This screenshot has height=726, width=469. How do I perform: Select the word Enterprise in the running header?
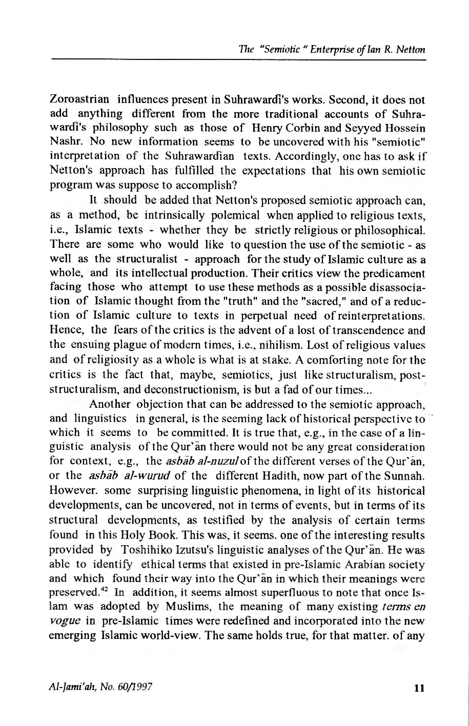(x=327, y=50)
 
